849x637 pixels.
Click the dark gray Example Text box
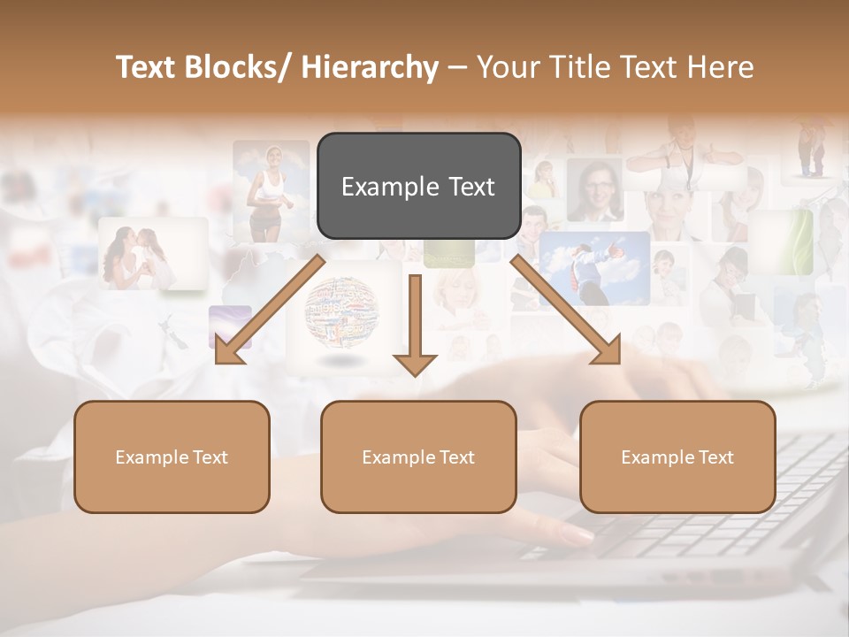click(x=418, y=186)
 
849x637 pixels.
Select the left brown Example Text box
click(x=172, y=457)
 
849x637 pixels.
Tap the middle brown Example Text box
click(x=418, y=457)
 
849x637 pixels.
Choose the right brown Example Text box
click(x=677, y=457)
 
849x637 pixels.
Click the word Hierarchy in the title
click(x=370, y=67)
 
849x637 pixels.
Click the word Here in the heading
click(x=720, y=67)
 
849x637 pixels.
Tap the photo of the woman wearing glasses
click(x=594, y=189)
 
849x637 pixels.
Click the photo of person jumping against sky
click(x=593, y=266)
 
